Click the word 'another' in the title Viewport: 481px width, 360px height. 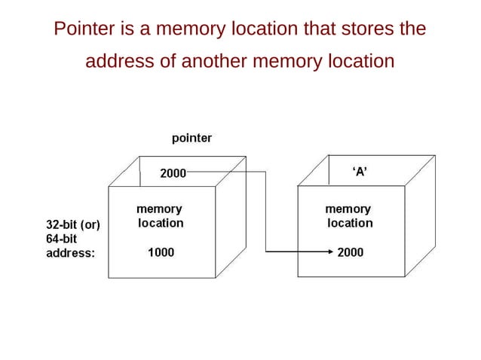pyautogui.click(x=214, y=60)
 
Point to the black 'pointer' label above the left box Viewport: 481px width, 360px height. pyautogui.click(x=191, y=138)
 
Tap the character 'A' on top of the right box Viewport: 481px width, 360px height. pyautogui.click(x=360, y=172)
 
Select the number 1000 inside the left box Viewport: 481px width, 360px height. pyautogui.click(x=161, y=253)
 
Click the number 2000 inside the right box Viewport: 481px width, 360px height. pyautogui.click(x=350, y=253)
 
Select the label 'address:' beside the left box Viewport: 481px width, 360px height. pyautogui.click(x=71, y=253)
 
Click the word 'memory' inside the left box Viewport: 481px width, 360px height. pyautogui.click(x=158, y=209)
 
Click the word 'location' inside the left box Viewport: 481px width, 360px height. pyautogui.click(x=161, y=223)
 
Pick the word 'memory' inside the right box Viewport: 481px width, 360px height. pyautogui.click(x=347, y=209)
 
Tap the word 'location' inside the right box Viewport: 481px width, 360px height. pyautogui.click(x=350, y=223)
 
